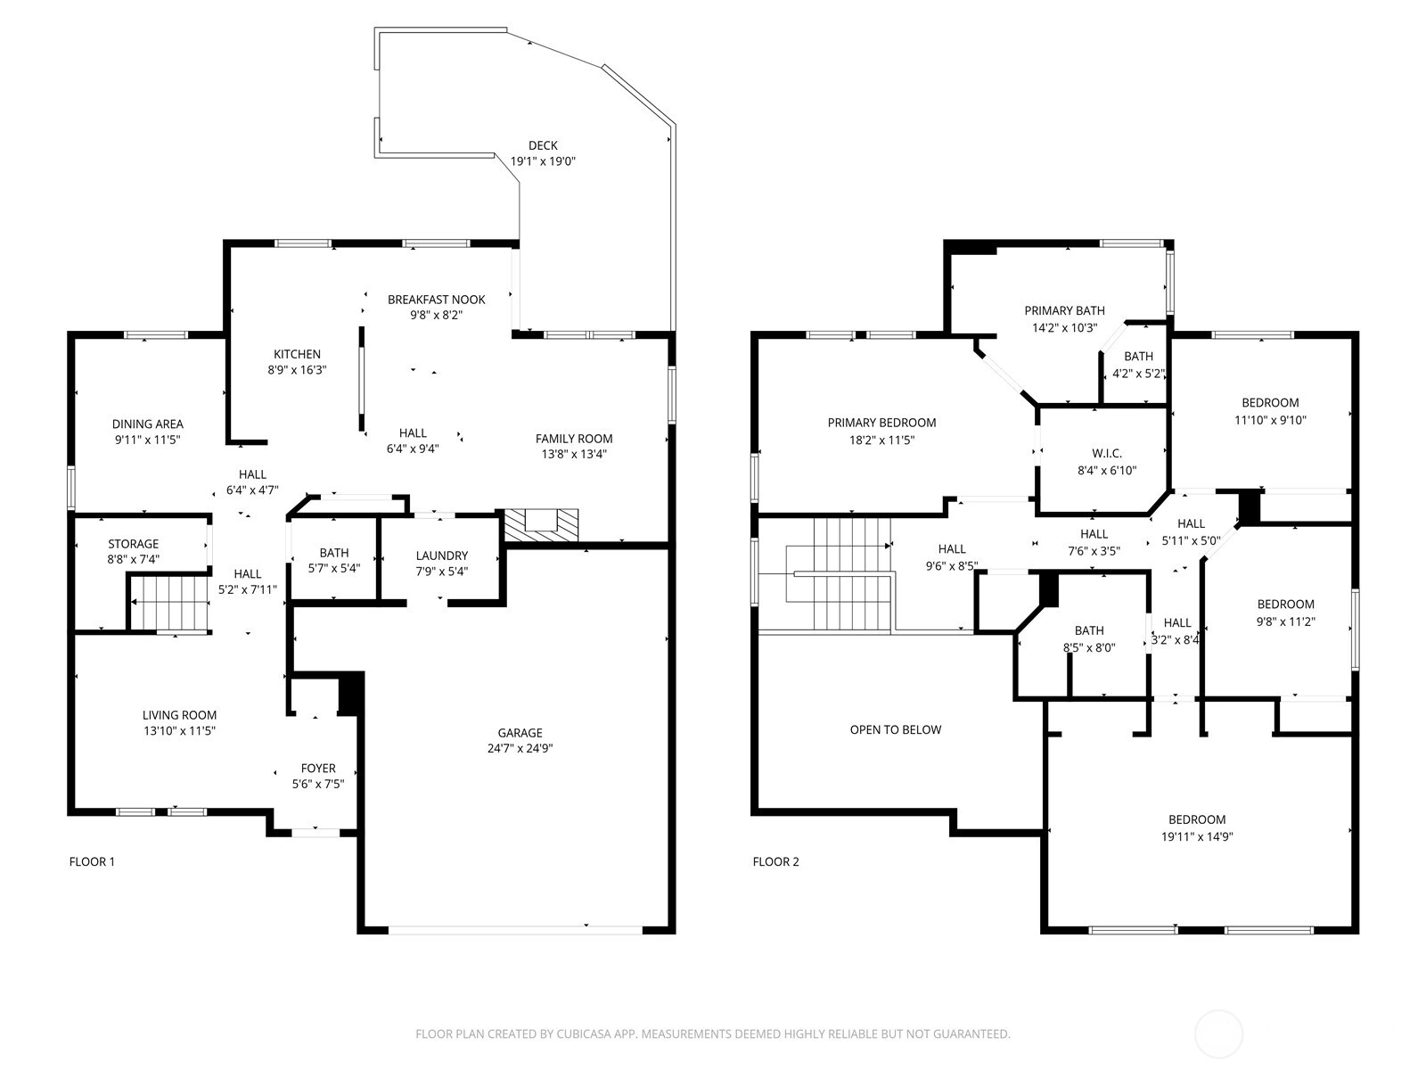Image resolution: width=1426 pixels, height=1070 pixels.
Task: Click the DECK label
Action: pyautogui.click(x=543, y=145)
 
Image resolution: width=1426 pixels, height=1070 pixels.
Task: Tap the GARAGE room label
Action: pyautogui.click(x=520, y=732)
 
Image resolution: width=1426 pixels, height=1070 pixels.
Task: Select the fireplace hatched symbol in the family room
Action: pyautogui.click(x=541, y=525)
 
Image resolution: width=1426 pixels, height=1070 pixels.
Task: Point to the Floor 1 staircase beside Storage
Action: pyautogui.click(x=170, y=604)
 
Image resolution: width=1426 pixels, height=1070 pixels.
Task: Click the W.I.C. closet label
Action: pyautogui.click(x=1107, y=454)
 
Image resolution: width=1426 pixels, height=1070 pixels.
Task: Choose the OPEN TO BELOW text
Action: pyautogui.click(x=895, y=729)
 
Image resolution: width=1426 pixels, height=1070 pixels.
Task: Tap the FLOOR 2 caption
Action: pyautogui.click(x=775, y=861)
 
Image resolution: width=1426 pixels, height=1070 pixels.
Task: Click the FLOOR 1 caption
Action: pyautogui.click(x=92, y=861)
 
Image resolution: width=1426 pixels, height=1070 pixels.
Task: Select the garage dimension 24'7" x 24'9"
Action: pyautogui.click(x=520, y=748)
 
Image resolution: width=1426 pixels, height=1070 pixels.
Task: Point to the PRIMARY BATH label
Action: pyautogui.click(x=1064, y=310)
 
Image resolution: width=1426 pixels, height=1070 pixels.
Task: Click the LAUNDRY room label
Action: pyautogui.click(x=442, y=556)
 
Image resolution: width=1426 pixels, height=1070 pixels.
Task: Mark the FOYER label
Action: pyautogui.click(x=318, y=768)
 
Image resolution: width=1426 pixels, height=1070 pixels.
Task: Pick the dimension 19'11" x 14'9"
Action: pyautogui.click(x=1197, y=836)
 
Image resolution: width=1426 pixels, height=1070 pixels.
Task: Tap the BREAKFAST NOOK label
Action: pyautogui.click(x=437, y=300)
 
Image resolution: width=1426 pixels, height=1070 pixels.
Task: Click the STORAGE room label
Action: pyautogui.click(x=133, y=544)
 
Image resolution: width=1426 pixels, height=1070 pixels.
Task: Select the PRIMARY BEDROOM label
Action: pyautogui.click(x=881, y=423)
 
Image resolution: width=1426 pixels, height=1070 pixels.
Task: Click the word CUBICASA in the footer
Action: pyautogui.click(x=584, y=1033)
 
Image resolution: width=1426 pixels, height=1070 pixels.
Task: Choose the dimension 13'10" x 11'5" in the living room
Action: pyautogui.click(x=179, y=730)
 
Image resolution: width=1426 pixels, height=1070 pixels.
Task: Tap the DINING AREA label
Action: pyautogui.click(x=147, y=424)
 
